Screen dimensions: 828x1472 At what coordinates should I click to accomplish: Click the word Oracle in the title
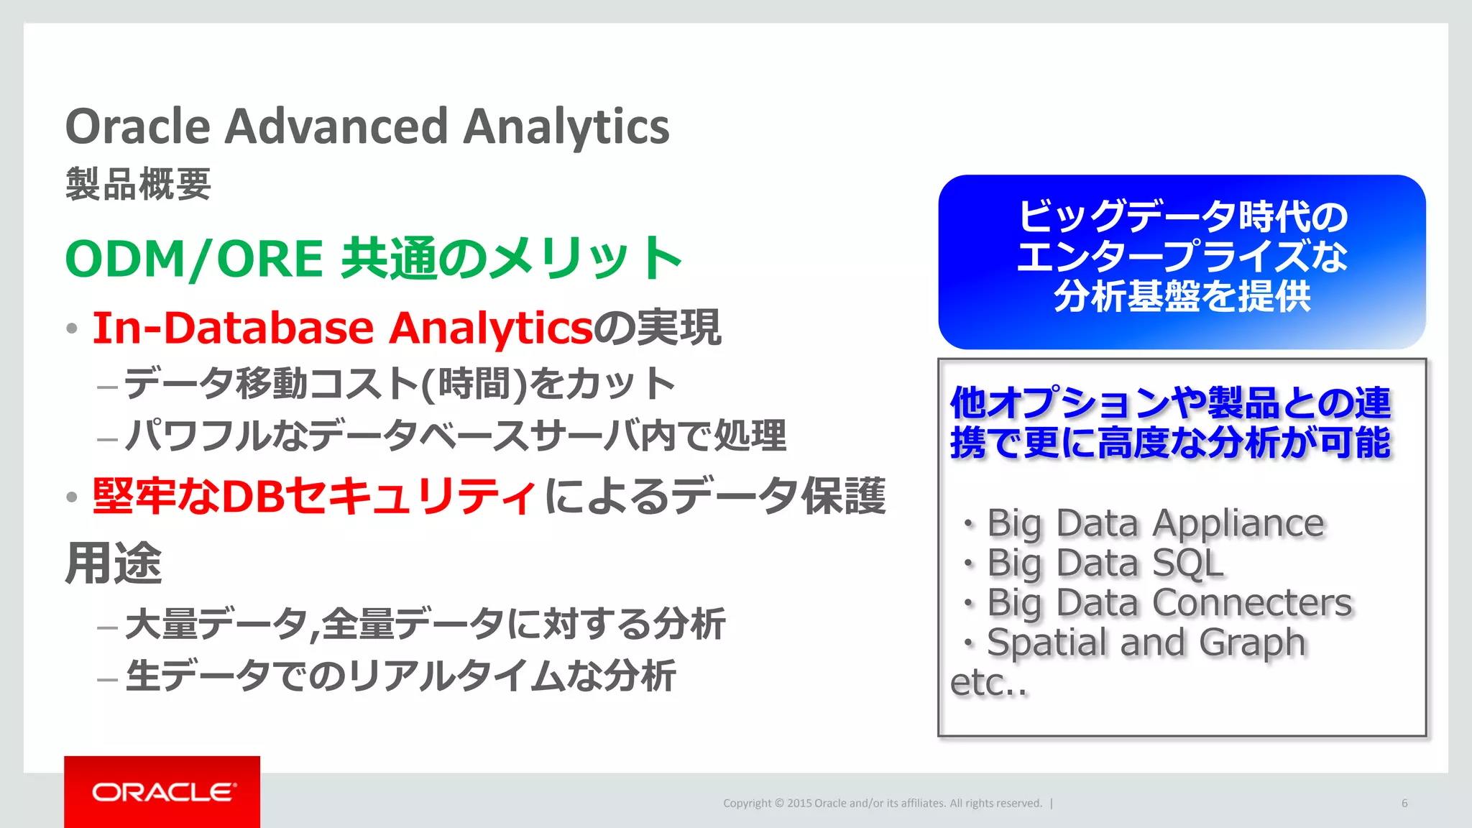coord(138,126)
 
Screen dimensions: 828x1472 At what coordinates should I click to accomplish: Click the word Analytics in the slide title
coord(566,126)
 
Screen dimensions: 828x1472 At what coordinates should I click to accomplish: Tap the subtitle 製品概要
coord(138,184)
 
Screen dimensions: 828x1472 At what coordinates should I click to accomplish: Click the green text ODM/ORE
coord(194,259)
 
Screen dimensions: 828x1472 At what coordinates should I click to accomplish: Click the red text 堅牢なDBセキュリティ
coord(313,496)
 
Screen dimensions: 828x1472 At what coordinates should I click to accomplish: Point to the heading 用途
coord(114,563)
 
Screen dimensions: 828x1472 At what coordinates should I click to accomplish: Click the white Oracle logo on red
coord(162,792)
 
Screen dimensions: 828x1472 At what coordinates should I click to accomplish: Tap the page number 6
coord(1404,803)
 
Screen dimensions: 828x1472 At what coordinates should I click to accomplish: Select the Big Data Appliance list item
coord(1154,523)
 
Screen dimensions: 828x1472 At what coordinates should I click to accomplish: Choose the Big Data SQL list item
coord(1105,563)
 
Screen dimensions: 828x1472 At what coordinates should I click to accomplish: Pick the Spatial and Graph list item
coord(1146,642)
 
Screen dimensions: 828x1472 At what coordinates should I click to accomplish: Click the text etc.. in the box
coord(988,683)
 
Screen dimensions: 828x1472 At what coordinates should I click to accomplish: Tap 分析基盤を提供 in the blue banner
coord(1182,296)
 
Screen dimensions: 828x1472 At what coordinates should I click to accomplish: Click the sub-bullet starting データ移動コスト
coord(399,383)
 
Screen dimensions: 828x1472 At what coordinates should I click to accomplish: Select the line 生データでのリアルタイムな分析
coord(400,676)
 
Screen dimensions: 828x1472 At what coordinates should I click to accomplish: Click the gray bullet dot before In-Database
coord(71,329)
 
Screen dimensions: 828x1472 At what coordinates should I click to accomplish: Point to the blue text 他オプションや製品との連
coord(1170,402)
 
